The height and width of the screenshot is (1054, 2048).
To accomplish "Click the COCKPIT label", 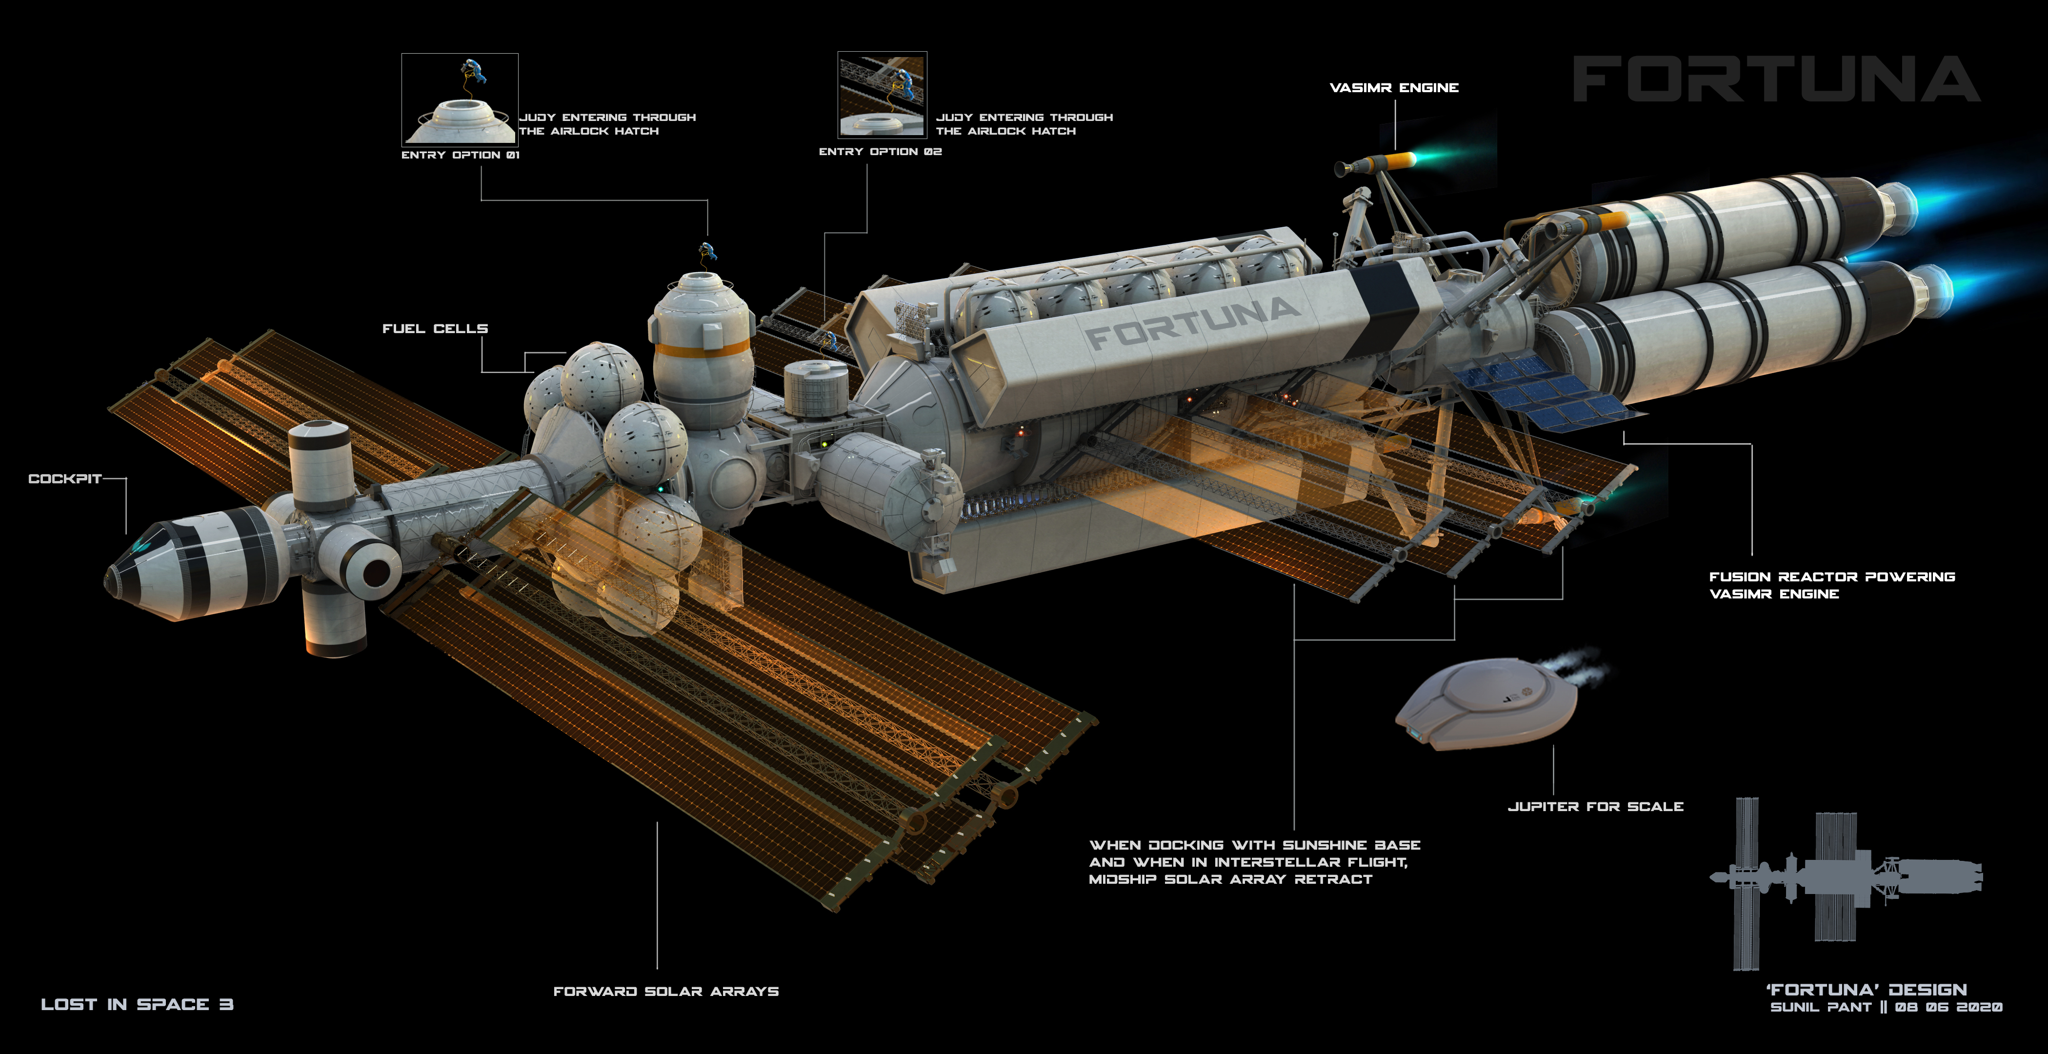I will pyautogui.click(x=64, y=478).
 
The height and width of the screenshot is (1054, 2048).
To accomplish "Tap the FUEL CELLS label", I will pyautogui.click(x=435, y=328).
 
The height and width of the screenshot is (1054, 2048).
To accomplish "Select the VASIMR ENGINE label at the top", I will pyautogui.click(x=1394, y=87).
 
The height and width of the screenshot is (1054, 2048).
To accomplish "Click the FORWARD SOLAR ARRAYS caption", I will pyautogui.click(x=665, y=991).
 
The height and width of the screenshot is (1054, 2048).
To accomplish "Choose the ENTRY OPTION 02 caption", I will pyautogui.click(x=880, y=151).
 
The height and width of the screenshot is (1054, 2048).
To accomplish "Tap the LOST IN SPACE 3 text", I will pyautogui.click(x=137, y=1005).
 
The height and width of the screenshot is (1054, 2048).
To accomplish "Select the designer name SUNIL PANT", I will pyautogui.click(x=1821, y=1007).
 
